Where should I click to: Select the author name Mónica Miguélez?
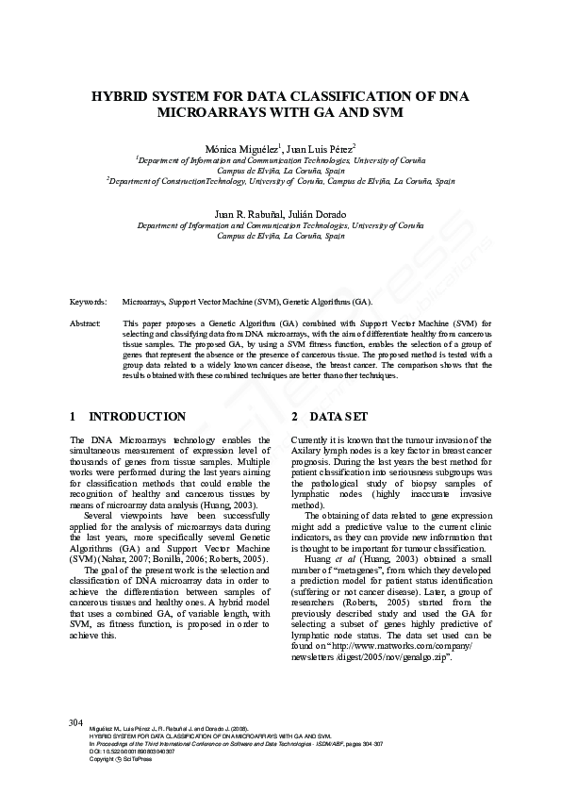point(236,149)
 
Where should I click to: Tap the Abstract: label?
point(86,323)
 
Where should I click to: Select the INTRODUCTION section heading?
point(137,416)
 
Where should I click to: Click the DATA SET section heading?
point(343,416)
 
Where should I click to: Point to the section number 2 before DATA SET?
point(295,416)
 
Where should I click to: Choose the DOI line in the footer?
point(113,752)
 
